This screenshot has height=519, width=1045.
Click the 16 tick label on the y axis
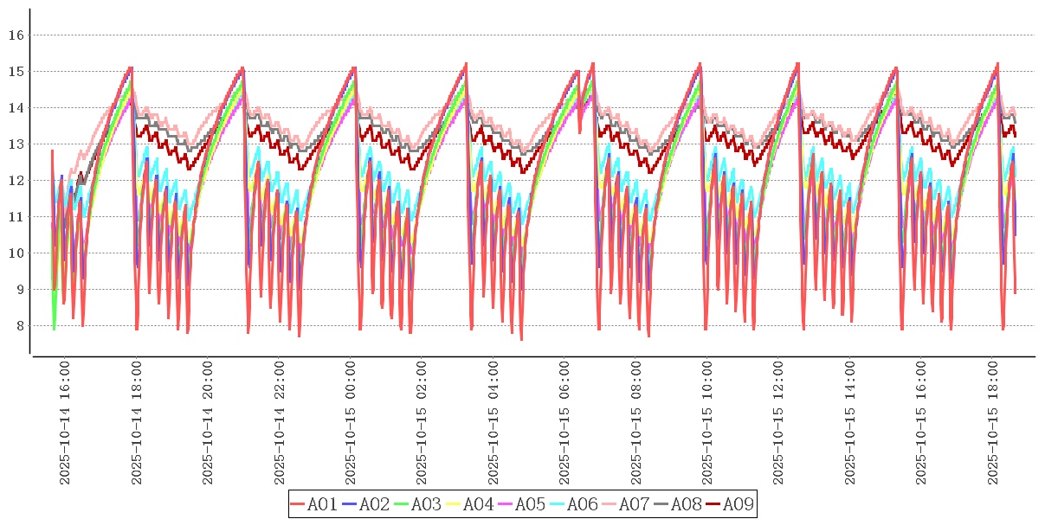[15, 35]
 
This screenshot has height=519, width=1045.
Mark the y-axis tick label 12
[15, 181]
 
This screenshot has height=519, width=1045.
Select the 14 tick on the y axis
[15, 108]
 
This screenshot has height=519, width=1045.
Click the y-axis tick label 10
[15, 253]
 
